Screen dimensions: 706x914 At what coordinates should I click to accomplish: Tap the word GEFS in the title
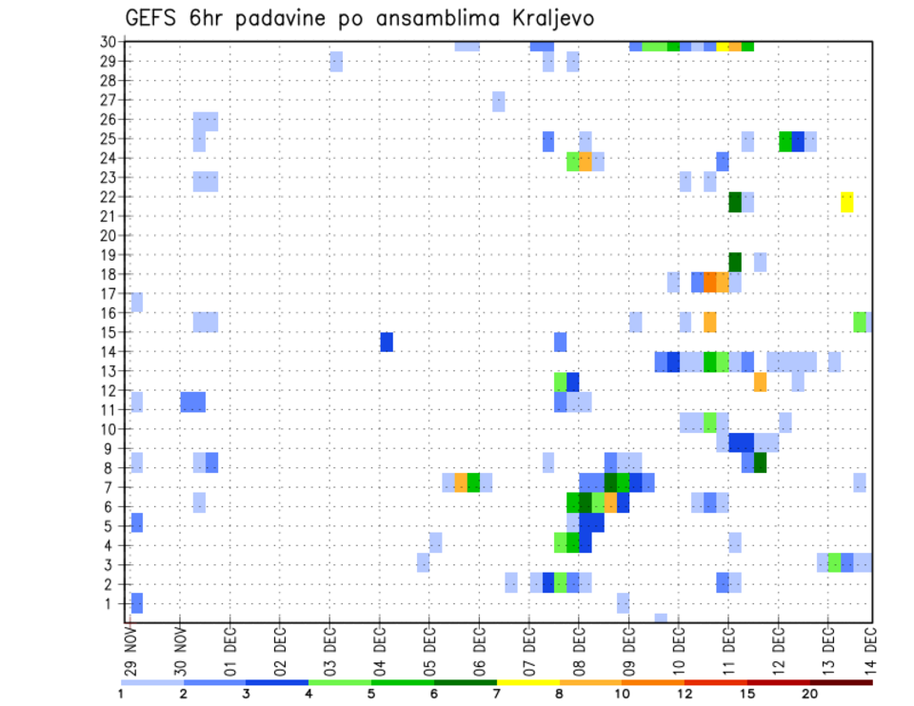coord(151,19)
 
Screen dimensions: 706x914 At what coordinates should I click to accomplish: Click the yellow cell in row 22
coord(847,202)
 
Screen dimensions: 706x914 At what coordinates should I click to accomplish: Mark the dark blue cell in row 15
coord(387,342)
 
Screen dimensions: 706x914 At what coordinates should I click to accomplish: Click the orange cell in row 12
coord(760,382)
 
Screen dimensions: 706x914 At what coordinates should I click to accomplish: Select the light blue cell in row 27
coord(498,101)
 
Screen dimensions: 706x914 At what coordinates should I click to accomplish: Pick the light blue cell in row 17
coord(136,303)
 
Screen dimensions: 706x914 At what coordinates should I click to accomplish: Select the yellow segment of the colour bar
coord(528,682)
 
